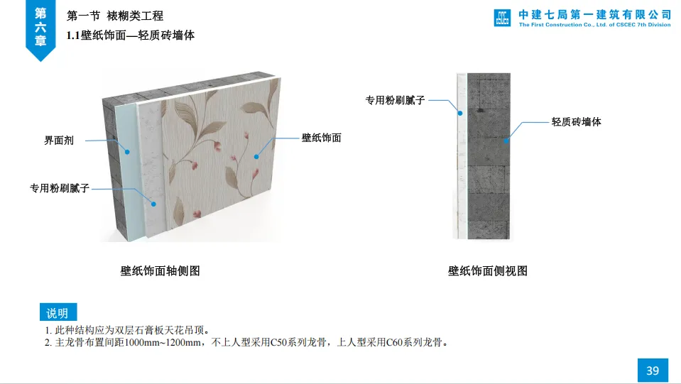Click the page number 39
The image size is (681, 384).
point(653,371)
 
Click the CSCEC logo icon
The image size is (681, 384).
point(502,18)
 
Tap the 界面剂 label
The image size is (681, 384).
point(59,141)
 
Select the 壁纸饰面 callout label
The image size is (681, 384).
point(321,138)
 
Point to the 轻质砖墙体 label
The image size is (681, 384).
point(576,122)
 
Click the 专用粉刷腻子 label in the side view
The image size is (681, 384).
point(395,101)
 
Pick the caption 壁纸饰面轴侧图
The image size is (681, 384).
point(160,270)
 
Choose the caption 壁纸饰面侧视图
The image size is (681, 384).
point(487,270)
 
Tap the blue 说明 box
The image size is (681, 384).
point(58,313)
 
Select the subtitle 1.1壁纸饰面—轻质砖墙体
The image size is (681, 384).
point(130,35)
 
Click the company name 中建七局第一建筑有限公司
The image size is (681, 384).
point(594,13)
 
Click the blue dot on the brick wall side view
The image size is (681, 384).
point(506,141)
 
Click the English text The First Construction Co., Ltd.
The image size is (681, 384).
point(568,25)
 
